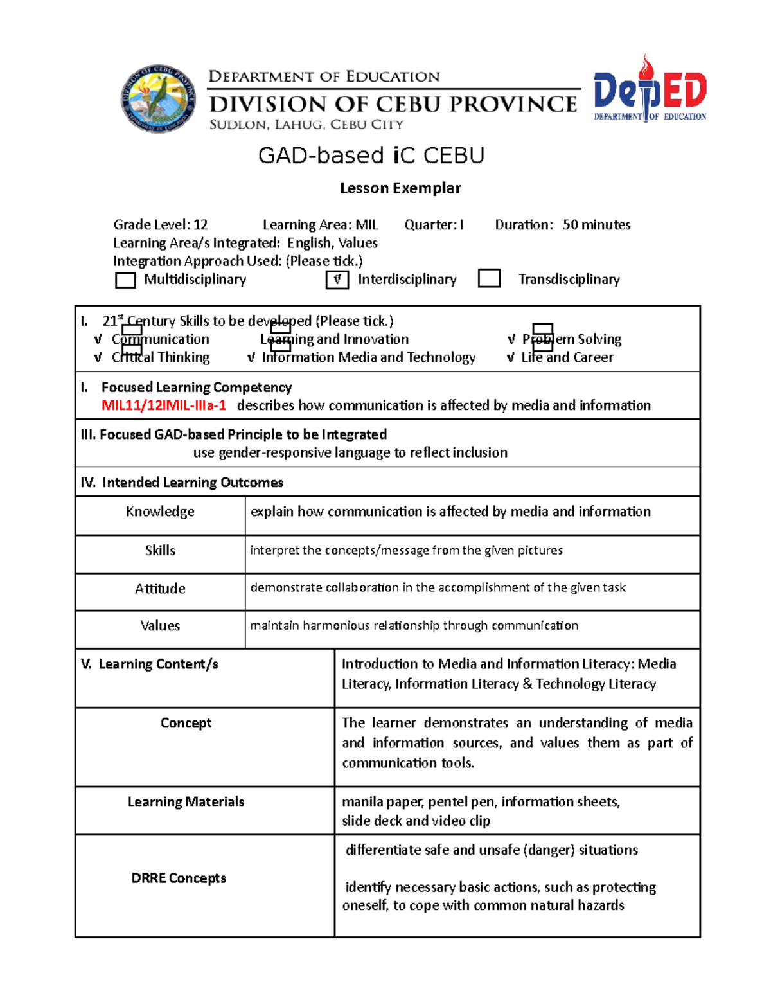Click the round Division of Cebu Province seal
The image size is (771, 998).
pyautogui.click(x=159, y=99)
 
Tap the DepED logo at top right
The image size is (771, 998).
pyautogui.click(x=650, y=90)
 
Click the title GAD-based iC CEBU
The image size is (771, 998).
pyautogui.click(x=371, y=156)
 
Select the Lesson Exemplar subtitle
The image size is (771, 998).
pyautogui.click(x=400, y=188)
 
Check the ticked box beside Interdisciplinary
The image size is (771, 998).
pyautogui.click(x=337, y=280)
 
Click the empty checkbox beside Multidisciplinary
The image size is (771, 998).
pyautogui.click(x=125, y=280)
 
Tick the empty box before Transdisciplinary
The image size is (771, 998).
pyautogui.click(x=490, y=279)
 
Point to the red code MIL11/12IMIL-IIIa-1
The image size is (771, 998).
pyautogui.click(x=164, y=405)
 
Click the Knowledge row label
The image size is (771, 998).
pyautogui.click(x=160, y=512)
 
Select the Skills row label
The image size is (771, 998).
pyautogui.click(x=160, y=551)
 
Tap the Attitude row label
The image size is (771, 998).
pyautogui.click(x=160, y=589)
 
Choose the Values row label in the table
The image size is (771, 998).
pyautogui.click(x=160, y=626)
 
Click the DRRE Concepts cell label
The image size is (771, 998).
pyautogui.click(x=179, y=878)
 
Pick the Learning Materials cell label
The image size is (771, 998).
pyautogui.click(x=186, y=802)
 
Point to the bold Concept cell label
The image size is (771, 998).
pyautogui.click(x=186, y=723)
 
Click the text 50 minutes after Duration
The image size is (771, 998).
pyautogui.click(x=596, y=225)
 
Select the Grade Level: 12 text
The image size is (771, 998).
pyautogui.click(x=161, y=225)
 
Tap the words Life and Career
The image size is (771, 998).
pyautogui.click(x=567, y=357)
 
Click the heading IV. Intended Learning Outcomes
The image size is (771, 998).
pyautogui.click(x=182, y=483)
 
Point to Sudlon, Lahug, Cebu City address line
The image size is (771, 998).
pyautogui.click(x=306, y=125)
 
